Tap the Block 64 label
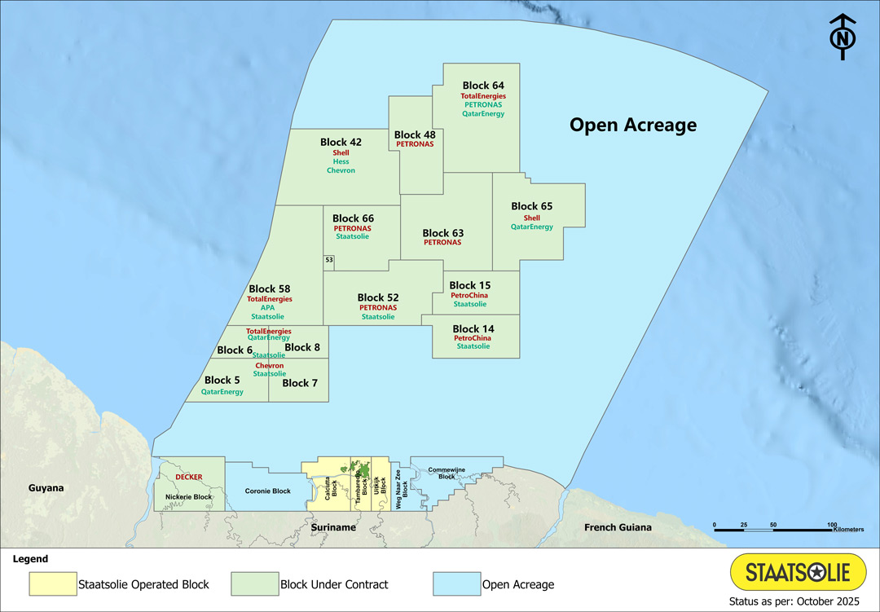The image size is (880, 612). click(x=483, y=86)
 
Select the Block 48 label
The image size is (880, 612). click(x=415, y=134)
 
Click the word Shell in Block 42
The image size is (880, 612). click(x=341, y=152)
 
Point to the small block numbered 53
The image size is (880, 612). click(x=329, y=260)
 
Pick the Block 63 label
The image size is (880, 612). click(x=442, y=233)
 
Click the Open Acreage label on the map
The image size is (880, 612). click(x=632, y=125)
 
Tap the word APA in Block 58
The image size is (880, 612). click(x=268, y=308)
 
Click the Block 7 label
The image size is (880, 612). click(x=300, y=383)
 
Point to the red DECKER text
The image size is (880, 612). click(x=188, y=477)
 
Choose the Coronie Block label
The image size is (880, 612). click(x=267, y=491)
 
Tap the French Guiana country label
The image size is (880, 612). click(x=618, y=527)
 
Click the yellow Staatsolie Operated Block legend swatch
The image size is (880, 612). click(x=51, y=583)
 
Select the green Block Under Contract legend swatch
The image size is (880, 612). click(x=253, y=583)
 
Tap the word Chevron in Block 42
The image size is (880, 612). click(x=341, y=171)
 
